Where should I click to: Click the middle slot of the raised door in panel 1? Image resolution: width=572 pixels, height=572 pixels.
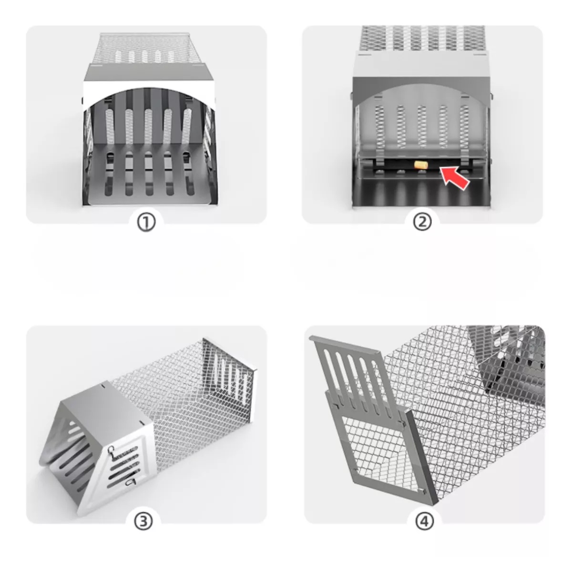coord(148,126)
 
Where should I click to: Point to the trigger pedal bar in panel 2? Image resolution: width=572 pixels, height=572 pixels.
coord(419,167)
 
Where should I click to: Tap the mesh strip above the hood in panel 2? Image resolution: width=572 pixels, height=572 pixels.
coord(421,38)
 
